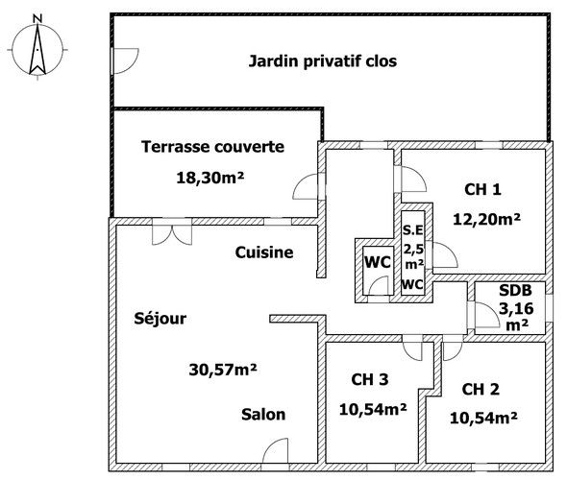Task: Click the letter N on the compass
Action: point(37,18)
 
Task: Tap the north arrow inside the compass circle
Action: point(37,50)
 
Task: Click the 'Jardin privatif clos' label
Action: point(323,61)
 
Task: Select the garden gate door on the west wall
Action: point(125,60)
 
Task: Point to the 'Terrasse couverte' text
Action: point(212,147)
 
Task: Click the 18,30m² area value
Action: point(210,178)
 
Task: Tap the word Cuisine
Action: point(264,252)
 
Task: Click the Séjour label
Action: point(160,318)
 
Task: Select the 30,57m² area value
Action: point(223,369)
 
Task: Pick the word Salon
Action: point(263,415)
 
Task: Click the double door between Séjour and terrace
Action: point(172,232)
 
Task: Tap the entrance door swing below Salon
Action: point(275,450)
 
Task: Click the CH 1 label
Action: point(482,190)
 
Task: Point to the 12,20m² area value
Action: point(486,219)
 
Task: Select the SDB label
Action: point(515,290)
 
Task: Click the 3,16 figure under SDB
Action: point(516,308)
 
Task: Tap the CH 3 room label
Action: point(370,379)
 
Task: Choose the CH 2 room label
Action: point(481,389)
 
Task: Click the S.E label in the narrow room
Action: point(412,230)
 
